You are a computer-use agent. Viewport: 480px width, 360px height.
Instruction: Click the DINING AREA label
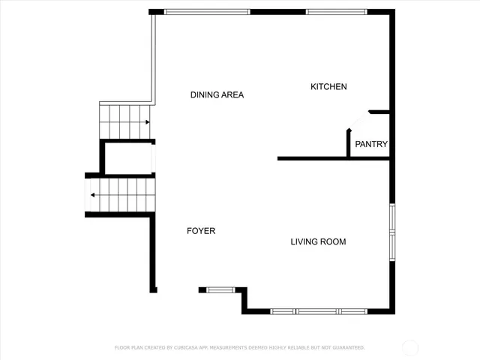pyautogui.click(x=217, y=95)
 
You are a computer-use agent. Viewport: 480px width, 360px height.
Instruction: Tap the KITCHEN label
pyautogui.click(x=328, y=87)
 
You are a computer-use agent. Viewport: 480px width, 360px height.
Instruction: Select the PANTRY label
pyautogui.click(x=370, y=144)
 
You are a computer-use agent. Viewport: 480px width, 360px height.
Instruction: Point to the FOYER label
pyautogui.click(x=201, y=231)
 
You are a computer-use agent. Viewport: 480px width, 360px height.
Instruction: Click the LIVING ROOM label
pyautogui.click(x=318, y=241)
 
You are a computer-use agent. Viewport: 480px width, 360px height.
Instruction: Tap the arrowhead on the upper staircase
pyautogui.click(x=148, y=121)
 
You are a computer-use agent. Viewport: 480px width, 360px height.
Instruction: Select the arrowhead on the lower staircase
pyautogui.click(x=92, y=195)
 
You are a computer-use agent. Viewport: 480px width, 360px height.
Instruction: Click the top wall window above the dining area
pyautogui.click(x=206, y=12)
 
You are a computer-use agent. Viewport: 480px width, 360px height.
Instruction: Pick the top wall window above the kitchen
pyautogui.click(x=336, y=12)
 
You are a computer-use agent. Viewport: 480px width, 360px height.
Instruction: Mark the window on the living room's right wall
pyautogui.click(x=391, y=231)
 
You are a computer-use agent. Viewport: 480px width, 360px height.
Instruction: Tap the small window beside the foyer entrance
pyautogui.click(x=220, y=289)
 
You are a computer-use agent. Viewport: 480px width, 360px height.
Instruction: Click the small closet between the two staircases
pyautogui.click(x=128, y=157)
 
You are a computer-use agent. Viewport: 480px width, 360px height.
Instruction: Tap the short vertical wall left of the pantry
pyautogui.click(x=348, y=143)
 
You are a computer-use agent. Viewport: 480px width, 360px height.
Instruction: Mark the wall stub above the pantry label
pyautogui.click(x=379, y=112)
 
